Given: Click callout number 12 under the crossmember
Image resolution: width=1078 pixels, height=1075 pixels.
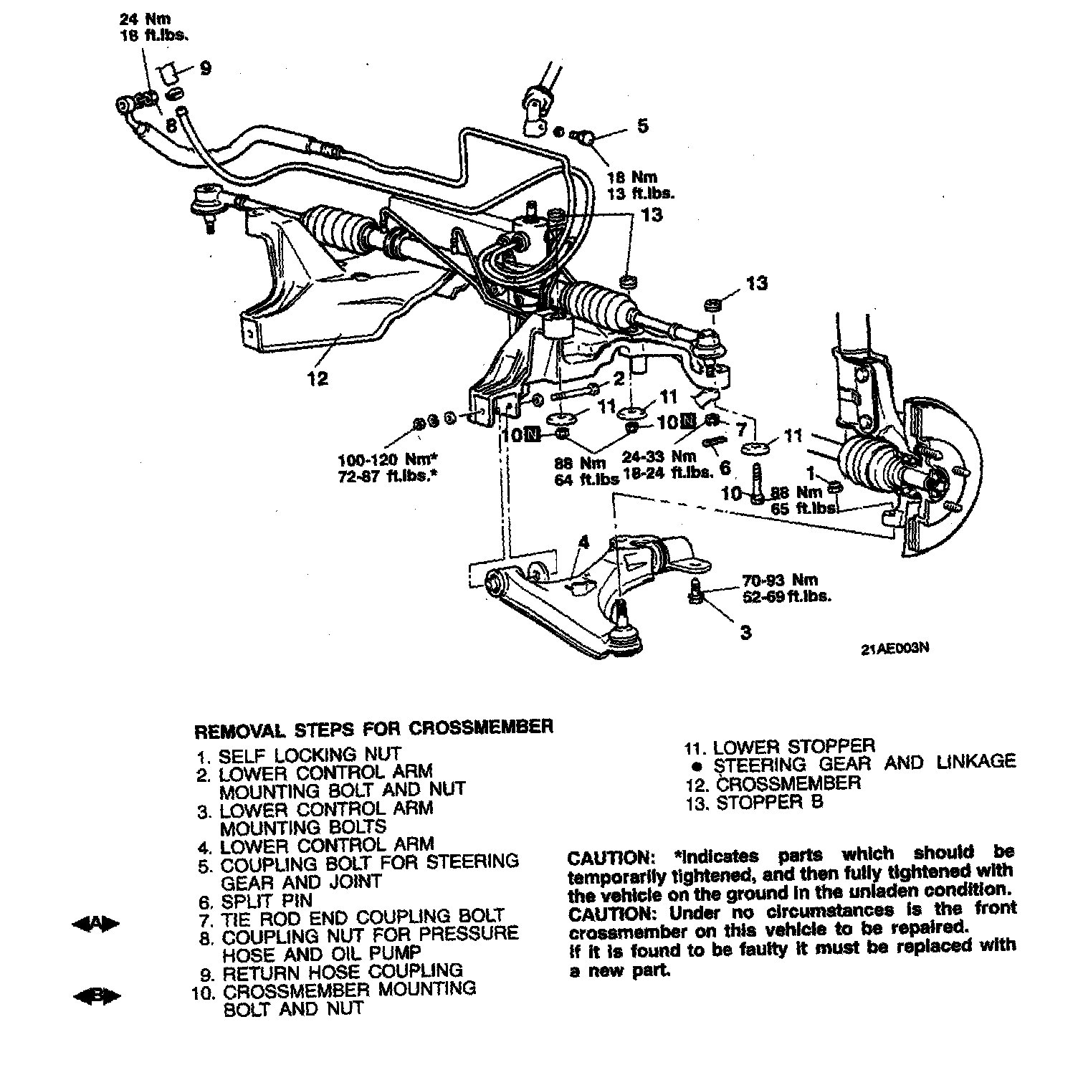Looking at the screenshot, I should click(x=318, y=378).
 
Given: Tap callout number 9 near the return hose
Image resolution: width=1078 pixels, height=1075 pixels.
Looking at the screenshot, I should click(x=206, y=69).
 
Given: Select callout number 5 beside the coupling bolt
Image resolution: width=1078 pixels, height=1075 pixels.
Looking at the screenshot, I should click(x=642, y=126).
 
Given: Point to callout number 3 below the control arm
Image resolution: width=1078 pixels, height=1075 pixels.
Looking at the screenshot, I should click(x=745, y=632).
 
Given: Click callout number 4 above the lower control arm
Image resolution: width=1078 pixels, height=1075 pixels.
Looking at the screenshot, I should click(x=584, y=543).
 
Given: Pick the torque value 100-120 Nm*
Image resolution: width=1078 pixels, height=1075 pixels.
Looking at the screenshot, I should click(x=388, y=458).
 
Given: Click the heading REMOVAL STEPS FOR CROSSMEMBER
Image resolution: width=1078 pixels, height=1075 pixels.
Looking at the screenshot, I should click(x=374, y=728).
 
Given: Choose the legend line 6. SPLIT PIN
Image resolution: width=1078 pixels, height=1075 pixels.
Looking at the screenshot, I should click(x=256, y=900).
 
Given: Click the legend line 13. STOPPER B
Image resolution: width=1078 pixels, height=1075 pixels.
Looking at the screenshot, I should click(x=754, y=802).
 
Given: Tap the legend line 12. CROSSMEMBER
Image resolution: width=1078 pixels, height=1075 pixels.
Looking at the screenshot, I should click(x=773, y=783).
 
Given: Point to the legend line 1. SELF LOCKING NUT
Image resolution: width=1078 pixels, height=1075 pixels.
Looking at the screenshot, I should click(x=299, y=755).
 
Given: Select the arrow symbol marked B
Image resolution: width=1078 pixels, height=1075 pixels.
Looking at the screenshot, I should click(x=96, y=996).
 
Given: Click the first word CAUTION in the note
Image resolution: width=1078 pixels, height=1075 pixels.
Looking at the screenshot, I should click(x=608, y=858).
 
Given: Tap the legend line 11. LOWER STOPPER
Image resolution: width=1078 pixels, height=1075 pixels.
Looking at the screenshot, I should click(x=779, y=747).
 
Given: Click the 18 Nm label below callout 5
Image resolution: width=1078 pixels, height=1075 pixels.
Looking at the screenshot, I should click(x=631, y=177).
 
